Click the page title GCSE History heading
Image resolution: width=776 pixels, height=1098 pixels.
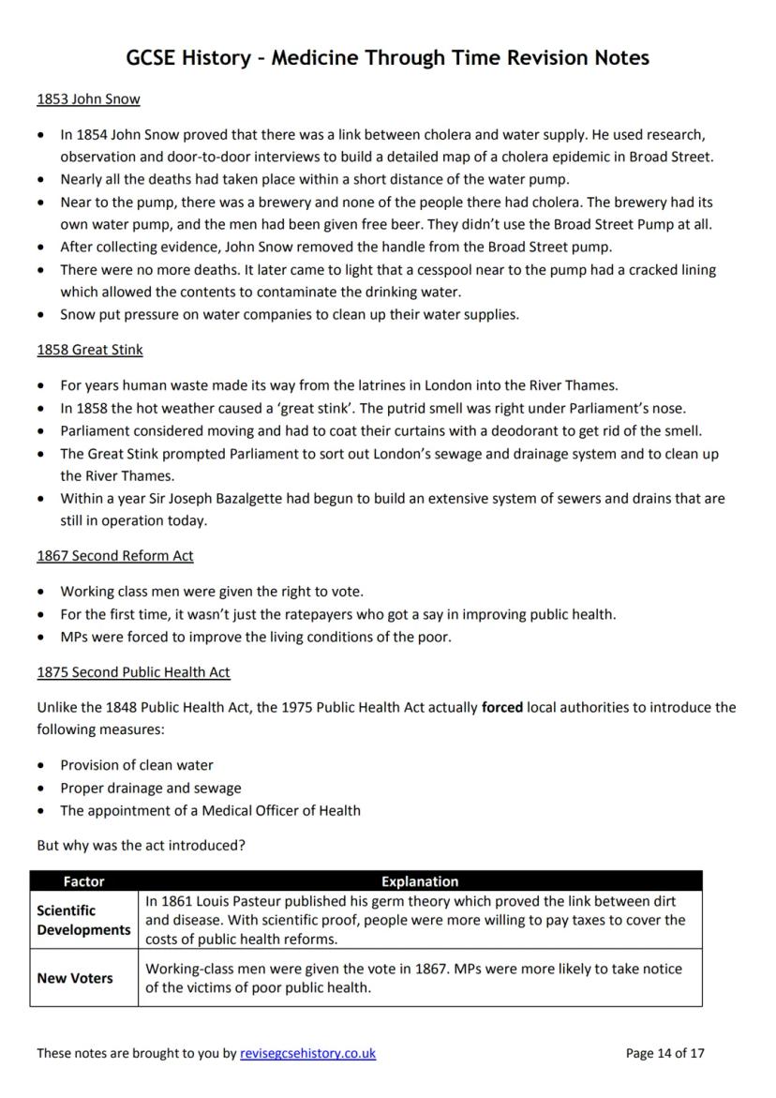(x=387, y=58)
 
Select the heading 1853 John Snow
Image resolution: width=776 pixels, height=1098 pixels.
(x=88, y=98)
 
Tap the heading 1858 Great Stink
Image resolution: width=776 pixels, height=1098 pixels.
(x=90, y=350)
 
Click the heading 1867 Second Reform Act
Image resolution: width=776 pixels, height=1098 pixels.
(x=114, y=555)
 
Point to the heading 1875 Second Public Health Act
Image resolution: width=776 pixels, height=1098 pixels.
(x=133, y=672)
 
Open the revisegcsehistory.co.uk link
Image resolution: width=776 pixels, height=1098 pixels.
(x=307, y=1053)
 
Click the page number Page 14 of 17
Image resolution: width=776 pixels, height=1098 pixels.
(x=664, y=1053)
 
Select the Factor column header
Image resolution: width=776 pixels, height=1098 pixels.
(x=83, y=881)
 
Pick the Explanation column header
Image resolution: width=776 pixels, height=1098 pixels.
(x=420, y=881)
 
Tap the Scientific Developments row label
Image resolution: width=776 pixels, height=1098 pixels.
(x=83, y=920)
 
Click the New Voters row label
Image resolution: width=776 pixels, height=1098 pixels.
(x=74, y=978)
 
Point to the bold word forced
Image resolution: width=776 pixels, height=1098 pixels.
(x=502, y=707)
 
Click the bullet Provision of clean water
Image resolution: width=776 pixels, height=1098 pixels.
(x=137, y=765)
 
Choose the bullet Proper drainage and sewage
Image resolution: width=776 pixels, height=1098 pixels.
(x=150, y=788)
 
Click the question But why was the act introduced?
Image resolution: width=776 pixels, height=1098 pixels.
(x=141, y=845)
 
